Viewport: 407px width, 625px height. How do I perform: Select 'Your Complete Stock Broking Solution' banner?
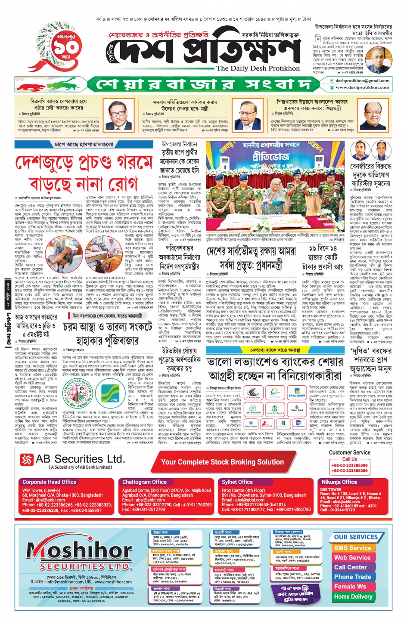point(222,462)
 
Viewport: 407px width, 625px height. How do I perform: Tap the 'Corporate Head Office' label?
point(49,482)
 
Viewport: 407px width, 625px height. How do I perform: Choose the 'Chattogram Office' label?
point(144,482)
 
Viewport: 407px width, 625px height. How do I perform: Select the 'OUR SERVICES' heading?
point(355,537)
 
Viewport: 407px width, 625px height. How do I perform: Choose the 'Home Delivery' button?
point(353,597)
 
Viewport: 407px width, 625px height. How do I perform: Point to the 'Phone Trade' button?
point(352,577)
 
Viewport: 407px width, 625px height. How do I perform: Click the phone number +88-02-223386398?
point(349,465)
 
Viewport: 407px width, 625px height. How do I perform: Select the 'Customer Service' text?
point(349,452)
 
